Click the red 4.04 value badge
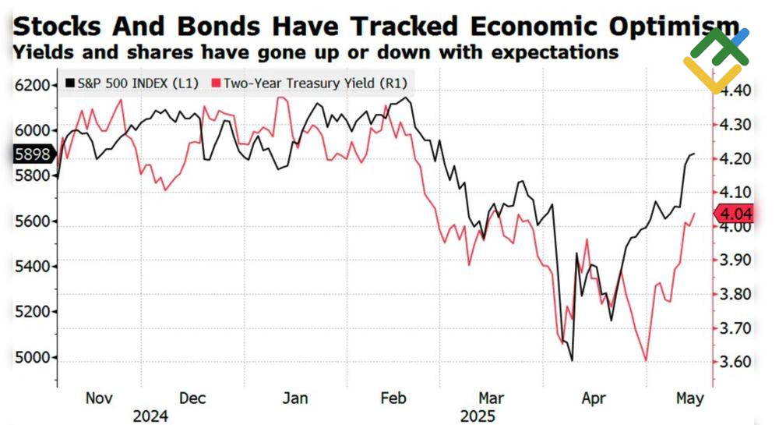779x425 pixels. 735,212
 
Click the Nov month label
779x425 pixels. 99,398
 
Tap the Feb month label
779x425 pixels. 393,398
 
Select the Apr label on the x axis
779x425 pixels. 594,398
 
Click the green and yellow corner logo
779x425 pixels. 716,58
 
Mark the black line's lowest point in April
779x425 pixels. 572,360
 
